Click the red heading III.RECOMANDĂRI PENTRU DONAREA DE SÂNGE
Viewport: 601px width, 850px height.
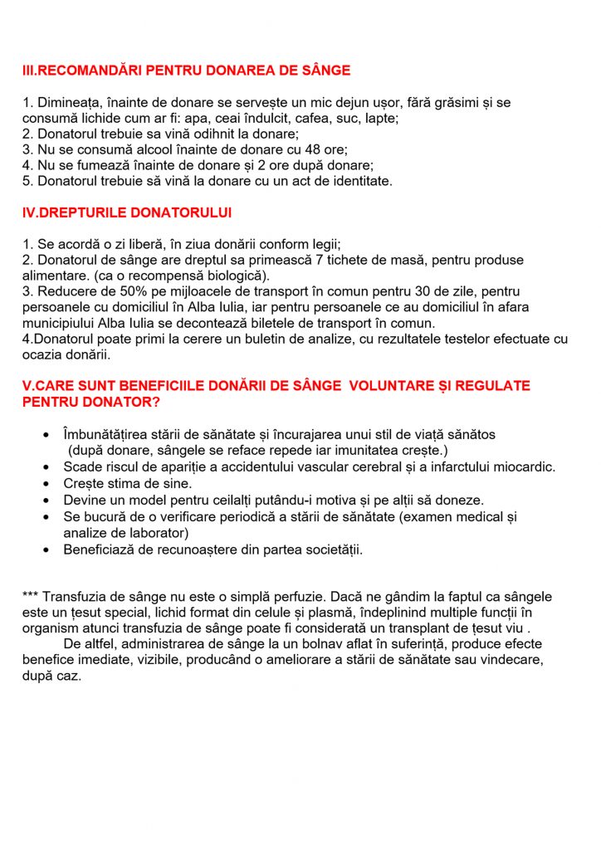tap(186, 71)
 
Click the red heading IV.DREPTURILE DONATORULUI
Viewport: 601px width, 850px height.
tap(127, 212)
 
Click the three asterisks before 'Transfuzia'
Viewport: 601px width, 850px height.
tap(31, 597)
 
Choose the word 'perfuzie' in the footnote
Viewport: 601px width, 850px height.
tap(329, 597)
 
